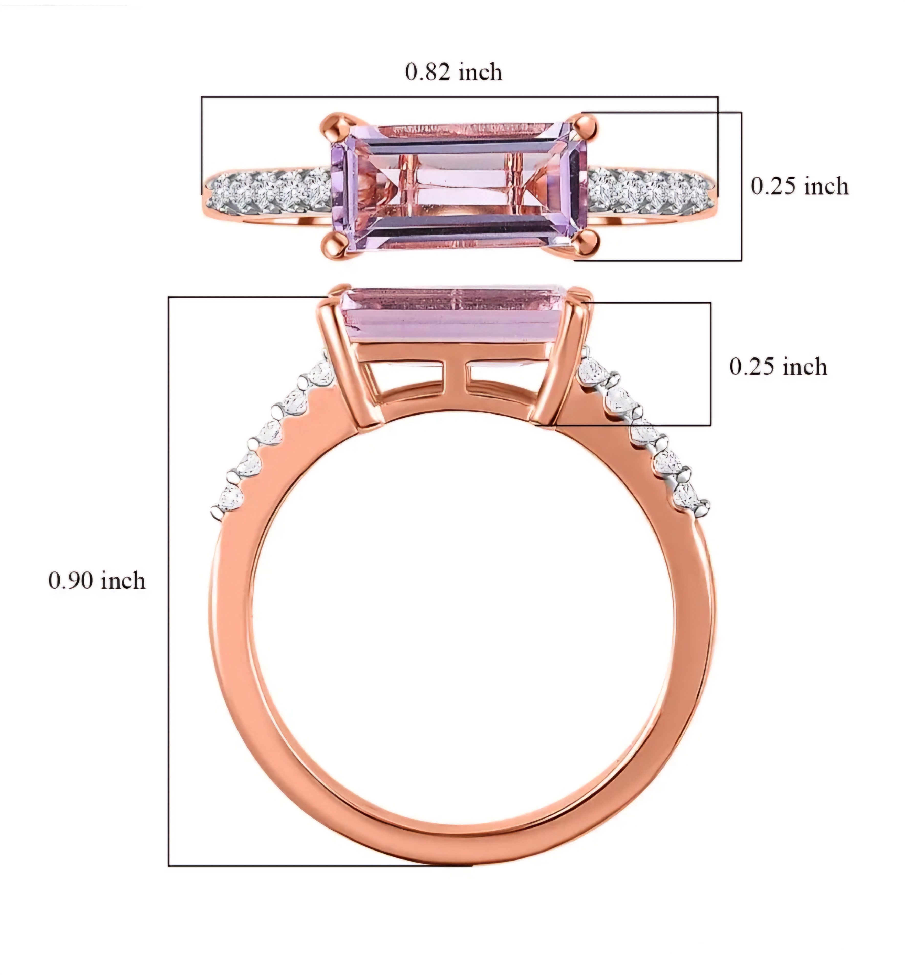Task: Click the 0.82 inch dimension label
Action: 453,72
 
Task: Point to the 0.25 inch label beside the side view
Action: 778,367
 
